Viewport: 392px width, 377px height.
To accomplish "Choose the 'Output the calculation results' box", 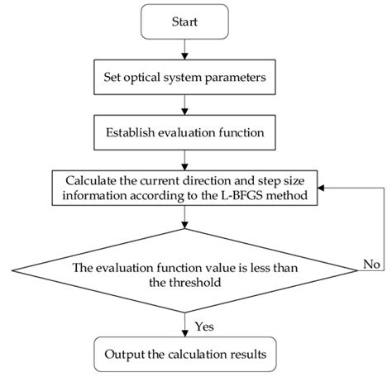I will [185, 356].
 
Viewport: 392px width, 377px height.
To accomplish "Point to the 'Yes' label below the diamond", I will [203, 325].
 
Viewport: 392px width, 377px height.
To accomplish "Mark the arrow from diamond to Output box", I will [185, 327].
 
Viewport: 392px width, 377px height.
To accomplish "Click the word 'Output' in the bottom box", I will [125, 356].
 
